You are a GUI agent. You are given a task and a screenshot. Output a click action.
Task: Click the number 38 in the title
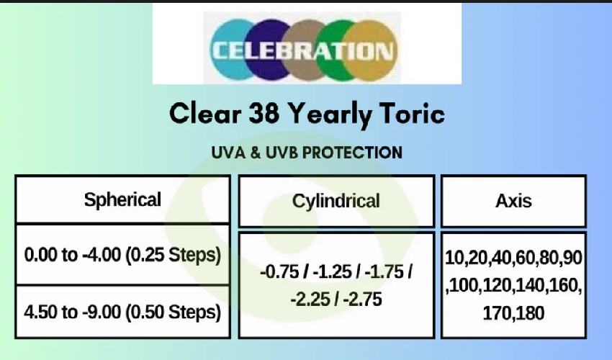pyautogui.click(x=264, y=113)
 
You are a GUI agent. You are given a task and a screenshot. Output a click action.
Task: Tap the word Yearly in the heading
pyautogui.click(x=330, y=115)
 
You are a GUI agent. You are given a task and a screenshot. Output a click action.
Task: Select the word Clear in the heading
pyautogui.click(x=205, y=114)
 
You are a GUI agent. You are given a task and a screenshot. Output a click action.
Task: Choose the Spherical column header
pyautogui.click(x=122, y=199)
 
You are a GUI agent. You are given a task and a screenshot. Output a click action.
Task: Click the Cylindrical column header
pyautogui.click(x=336, y=201)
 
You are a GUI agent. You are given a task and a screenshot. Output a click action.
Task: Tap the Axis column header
pyautogui.click(x=513, y=201)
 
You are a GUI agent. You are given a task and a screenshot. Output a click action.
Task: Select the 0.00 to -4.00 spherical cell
pyautogui.click(x=122, y=255)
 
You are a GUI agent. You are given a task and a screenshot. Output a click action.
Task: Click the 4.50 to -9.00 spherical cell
pyautogui.click(x=122, y=312)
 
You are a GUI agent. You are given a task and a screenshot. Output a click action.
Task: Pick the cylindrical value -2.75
pyautogui.click(x=363, y=300)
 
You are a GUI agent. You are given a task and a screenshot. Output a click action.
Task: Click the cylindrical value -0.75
pyautogui.click(x=279, y=271)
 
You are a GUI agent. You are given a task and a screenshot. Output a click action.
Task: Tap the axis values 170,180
pyautogui.click(x=513, y=313)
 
